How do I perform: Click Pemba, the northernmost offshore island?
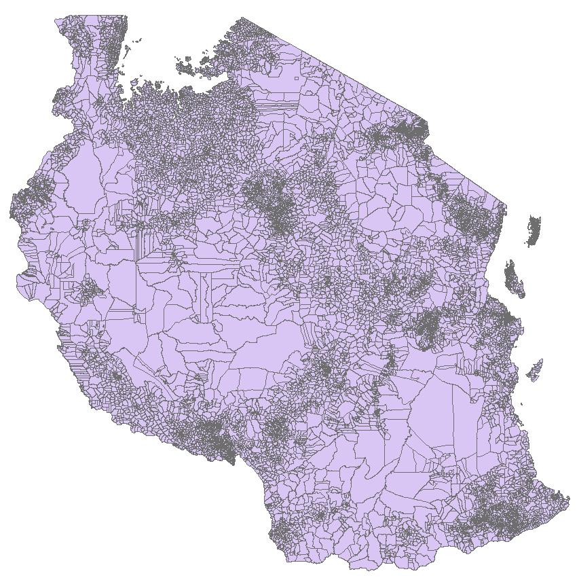[x=534, y=230]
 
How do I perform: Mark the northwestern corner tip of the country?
[x=57, y=20]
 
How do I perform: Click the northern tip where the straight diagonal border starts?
[x=242, y=18]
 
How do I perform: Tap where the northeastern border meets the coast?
[x=506, y=204]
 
